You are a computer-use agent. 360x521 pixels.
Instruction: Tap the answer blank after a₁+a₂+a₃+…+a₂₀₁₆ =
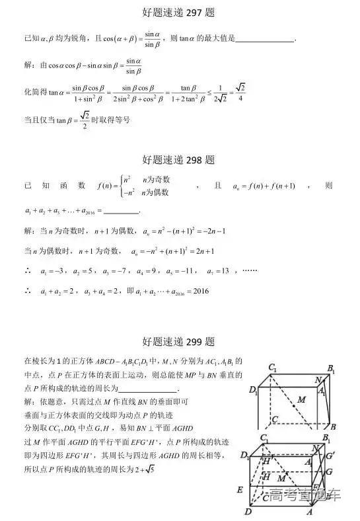click(x=122, y=212)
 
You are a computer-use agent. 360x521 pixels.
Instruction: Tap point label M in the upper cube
click(x=302, y=399)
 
